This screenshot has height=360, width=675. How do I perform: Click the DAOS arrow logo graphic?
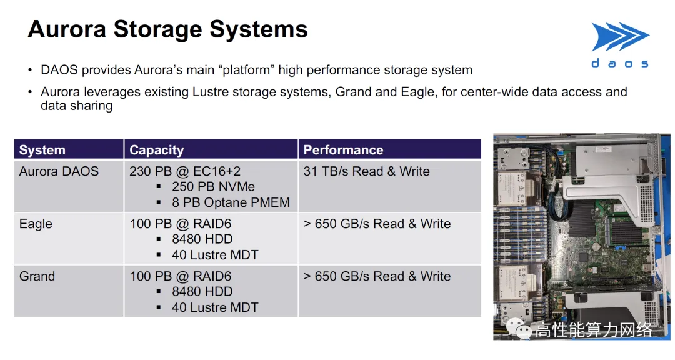point(621,37)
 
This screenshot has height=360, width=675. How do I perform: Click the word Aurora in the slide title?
point(67,29)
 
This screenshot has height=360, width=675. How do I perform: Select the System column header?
point(42,150)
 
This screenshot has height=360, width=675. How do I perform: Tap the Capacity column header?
point(157,150)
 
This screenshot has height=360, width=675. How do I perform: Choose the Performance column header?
point(343,150)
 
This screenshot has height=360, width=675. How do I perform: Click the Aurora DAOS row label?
point(59,171)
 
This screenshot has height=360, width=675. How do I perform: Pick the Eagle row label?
point(36,224)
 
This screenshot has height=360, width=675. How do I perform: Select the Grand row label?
point(37,276)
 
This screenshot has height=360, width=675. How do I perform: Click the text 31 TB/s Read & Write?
point(366,171)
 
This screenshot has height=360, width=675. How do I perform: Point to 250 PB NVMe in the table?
point(213,187)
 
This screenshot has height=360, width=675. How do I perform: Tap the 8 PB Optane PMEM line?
point(231,202)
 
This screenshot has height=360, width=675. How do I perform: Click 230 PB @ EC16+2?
point(185,171)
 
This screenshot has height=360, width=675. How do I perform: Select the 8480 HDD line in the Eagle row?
point(202,239)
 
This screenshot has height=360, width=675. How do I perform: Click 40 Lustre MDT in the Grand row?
point(215,307)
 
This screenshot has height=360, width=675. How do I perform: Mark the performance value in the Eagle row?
point(377,224)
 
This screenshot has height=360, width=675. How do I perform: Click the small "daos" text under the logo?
point(620,64)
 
